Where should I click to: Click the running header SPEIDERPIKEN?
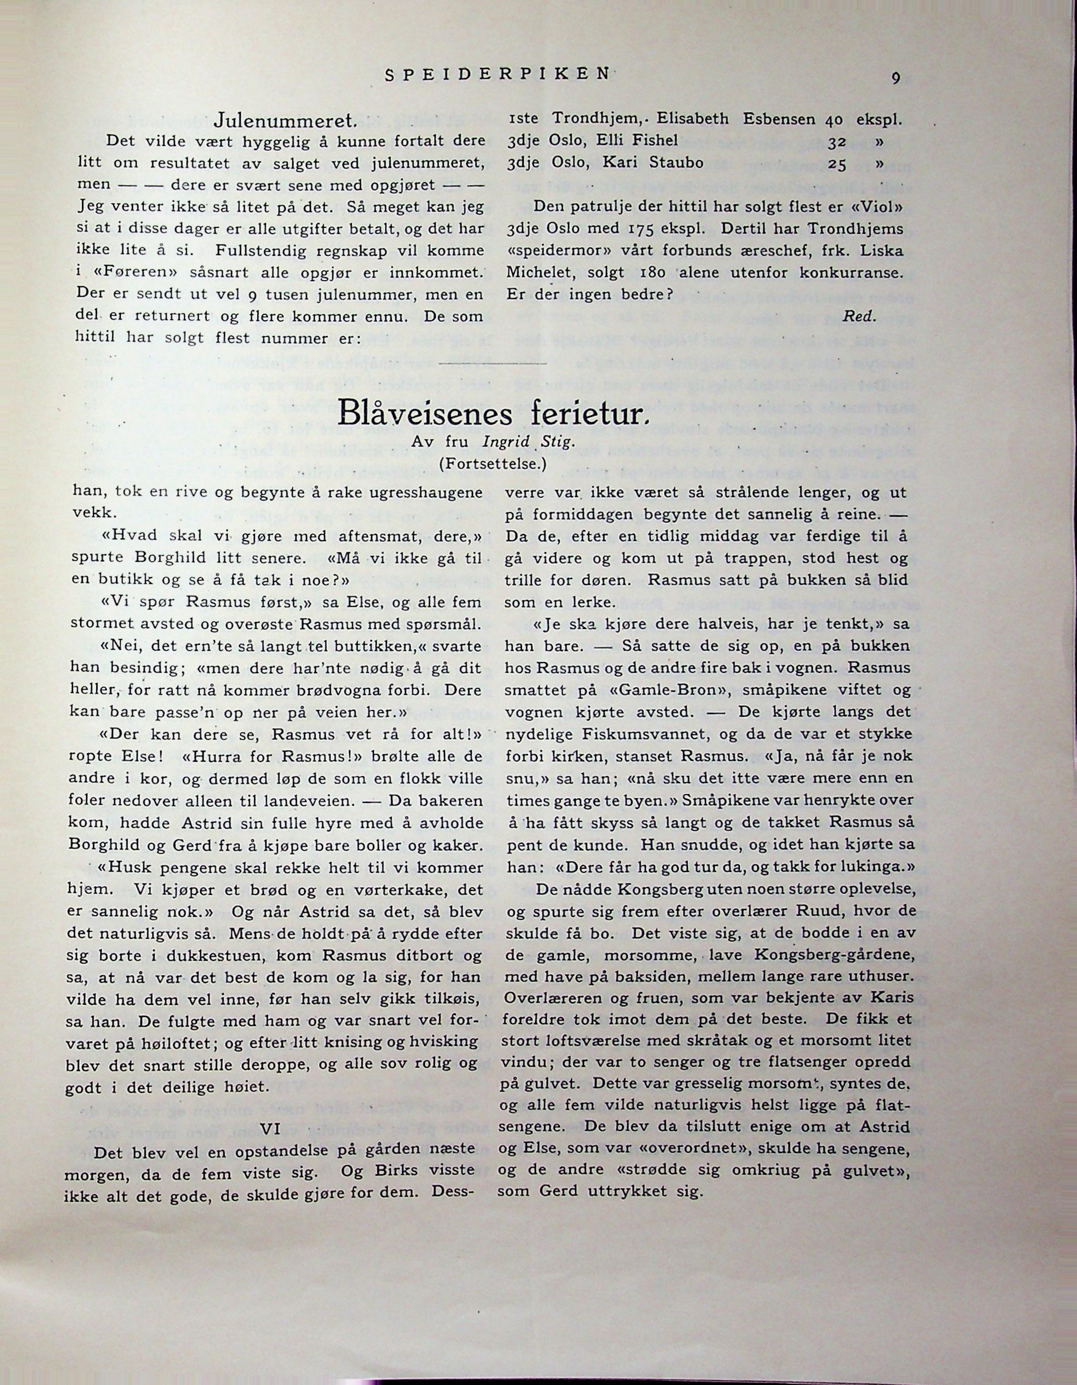pyautogui.click(x=497, y=74)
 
